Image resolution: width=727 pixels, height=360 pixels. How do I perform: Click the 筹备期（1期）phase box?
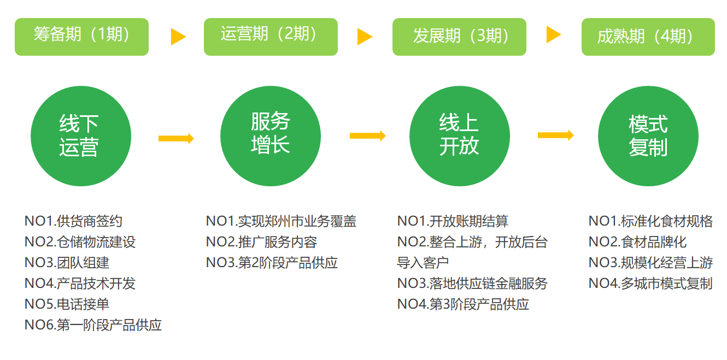tap(81, 37)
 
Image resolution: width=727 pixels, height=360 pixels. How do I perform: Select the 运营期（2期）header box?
tap(271, 37)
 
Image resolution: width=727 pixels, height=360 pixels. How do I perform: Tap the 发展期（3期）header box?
tap(459, 37)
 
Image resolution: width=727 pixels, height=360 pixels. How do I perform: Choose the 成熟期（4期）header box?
tap(648, 37)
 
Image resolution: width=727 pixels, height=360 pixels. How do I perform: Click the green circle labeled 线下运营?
tap(81, 136)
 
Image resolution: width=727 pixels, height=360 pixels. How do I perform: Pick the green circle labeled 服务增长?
tap(271, 136)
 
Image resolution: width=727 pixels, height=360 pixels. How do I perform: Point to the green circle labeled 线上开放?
tap(459, 136)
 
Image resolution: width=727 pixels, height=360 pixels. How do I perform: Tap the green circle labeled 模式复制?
tap(648, 136)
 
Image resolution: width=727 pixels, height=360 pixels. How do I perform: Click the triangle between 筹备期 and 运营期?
tap(178, 37)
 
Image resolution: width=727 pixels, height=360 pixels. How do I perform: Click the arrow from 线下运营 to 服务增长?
tap(176, 138)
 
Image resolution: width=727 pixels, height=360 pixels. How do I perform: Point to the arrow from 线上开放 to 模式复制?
tap(555, 135)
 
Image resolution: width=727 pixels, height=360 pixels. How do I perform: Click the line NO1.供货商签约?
tap(73, 221)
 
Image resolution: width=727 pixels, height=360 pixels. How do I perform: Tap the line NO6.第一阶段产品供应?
tap(93, 325)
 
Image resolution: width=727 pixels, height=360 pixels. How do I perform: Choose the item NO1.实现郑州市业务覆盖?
tap(281, 221)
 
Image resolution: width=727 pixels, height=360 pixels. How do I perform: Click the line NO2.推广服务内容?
tap(261, 242)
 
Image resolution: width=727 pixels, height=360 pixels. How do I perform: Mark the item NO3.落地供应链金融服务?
tap(472, 284)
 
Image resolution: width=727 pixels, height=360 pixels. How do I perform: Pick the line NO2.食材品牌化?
tap(637, 242)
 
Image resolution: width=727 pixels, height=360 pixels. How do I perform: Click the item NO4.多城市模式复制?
tap(650, 284)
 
